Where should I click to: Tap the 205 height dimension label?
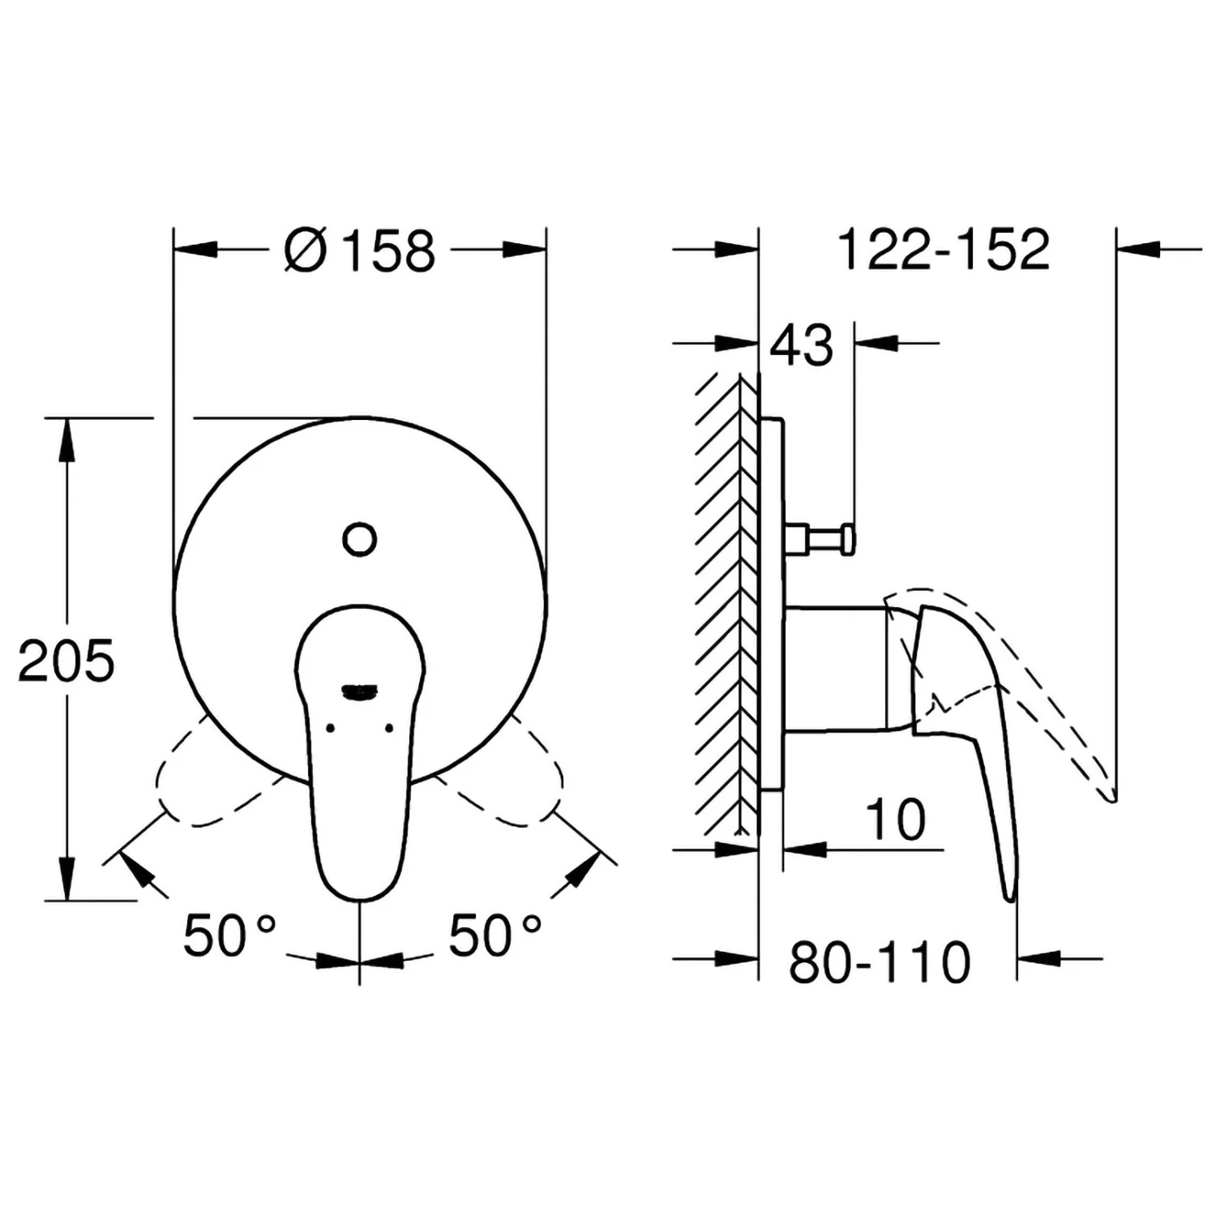(66, 661)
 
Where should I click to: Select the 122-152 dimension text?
(944, 249)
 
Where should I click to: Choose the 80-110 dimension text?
(880, 962)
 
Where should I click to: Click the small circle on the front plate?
(360, 538)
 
